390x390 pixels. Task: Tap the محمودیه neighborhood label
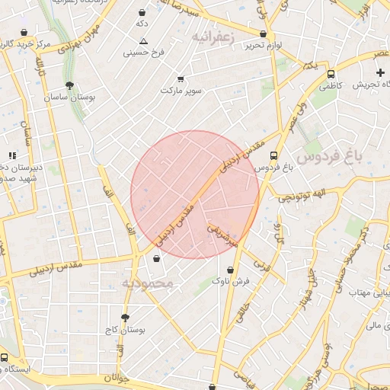[149, 283]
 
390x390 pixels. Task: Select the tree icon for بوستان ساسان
[70, 86]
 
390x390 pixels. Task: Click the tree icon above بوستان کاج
[125, 318]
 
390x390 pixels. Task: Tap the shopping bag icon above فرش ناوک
[230, 270]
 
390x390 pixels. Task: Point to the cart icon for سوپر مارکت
[181, 78]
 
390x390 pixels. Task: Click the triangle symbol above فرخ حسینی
[143, 41]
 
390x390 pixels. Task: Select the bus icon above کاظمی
[331, 75]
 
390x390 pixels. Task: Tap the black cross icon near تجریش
[381, 72]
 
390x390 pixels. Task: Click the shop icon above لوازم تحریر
[264, 34]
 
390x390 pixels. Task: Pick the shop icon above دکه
[143, 13]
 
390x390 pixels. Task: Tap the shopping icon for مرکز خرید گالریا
[24, 33]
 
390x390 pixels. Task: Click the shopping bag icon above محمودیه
[157, 259]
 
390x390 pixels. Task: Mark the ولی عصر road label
[296, 114]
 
